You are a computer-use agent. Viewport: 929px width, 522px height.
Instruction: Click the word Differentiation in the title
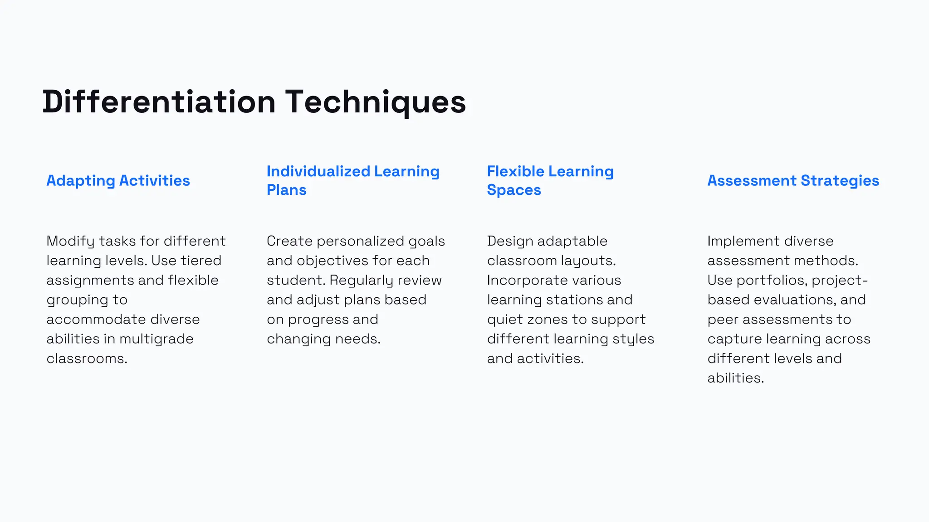click(x=159, y=101)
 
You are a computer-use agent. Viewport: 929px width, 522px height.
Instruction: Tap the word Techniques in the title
click(x=376, y=101)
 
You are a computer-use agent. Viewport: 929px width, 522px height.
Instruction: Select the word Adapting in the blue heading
click(x=81, y=181)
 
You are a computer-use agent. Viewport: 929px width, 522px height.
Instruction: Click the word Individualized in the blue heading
click(x=318, y=171)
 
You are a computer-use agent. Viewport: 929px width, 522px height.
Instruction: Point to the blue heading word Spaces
click(x=514, y=190)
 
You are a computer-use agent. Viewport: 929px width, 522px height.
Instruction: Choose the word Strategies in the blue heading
click(x=840, y=180)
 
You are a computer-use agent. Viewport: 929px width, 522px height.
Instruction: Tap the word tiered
click(x=201, y=261)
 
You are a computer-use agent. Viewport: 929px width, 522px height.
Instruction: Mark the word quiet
click(x=504, y=319)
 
